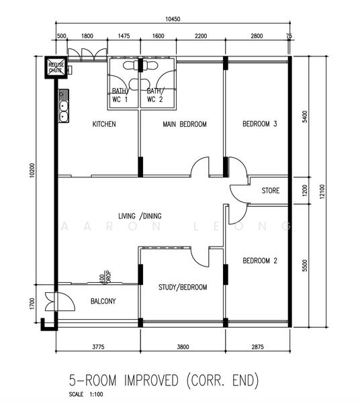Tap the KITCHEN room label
click(104, 124)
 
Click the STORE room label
click(271, 191)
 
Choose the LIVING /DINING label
click(140, 216)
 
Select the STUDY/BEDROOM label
click(183, 287)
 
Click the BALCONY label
click(103, 302)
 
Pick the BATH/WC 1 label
click(119, 95)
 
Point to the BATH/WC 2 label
click(154, 95)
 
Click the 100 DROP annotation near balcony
click(103, 277)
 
